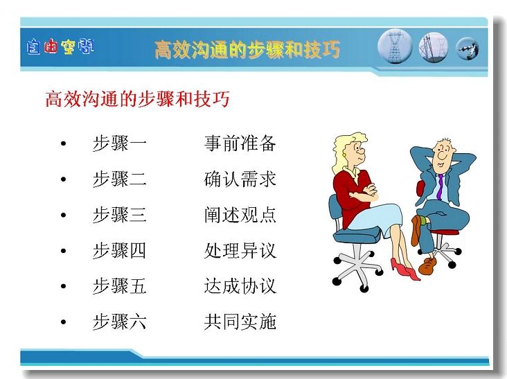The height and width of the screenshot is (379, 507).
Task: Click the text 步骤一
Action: coord(119,143)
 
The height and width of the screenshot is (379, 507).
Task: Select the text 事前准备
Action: coord(240,143)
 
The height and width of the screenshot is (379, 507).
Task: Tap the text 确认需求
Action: coord(240,179)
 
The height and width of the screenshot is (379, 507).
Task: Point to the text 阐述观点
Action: coord(240,215)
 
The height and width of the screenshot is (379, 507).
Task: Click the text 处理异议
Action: coord(240,251)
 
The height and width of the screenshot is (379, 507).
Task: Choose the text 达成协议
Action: coord(240,286)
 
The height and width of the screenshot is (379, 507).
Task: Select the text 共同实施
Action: coord(240,321)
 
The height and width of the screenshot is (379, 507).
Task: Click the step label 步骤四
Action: coord(119,251)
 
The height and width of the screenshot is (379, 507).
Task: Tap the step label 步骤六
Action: coord(119,321)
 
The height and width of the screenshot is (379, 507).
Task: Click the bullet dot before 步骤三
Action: coord(64,215)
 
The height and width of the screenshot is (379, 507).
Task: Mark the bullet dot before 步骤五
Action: coord(64,286)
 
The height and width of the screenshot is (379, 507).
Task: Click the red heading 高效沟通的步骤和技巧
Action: coord(137,99)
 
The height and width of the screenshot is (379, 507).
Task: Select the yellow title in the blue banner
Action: coord(247,49)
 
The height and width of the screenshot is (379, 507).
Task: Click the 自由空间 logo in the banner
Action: coord(60,46)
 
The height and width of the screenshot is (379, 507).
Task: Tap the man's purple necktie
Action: coord(440,188)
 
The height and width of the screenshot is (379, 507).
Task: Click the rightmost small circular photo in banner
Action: coord(468,49)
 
